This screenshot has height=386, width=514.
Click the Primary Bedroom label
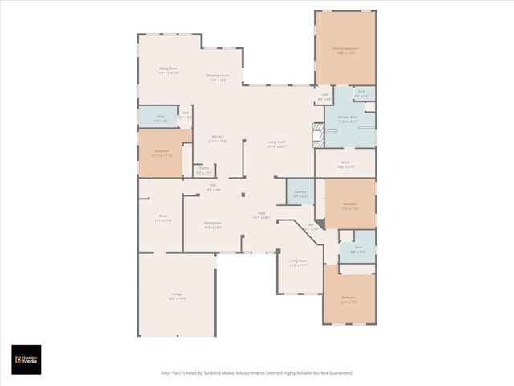click(345, 50)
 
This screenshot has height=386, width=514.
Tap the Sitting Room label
click(169, 70)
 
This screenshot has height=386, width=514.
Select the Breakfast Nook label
click(218, 78)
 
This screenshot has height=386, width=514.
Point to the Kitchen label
click(218, 138)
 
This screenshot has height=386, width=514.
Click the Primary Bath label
click(348, 119)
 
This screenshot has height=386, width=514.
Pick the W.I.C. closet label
click(345, 166)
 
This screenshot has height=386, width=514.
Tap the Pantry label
click(204, 170)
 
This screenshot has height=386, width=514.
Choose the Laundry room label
click(300, 193)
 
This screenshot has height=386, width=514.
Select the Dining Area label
click(213, 225)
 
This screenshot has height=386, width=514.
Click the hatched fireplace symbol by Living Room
click(318, 135)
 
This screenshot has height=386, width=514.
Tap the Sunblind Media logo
click(26, 359)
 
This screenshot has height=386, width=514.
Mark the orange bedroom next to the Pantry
click(161, 153)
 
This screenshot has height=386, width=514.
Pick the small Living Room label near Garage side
click(299, 262)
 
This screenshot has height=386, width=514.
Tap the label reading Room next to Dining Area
click(163, 218)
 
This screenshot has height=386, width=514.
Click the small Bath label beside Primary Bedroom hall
click(361, 93)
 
